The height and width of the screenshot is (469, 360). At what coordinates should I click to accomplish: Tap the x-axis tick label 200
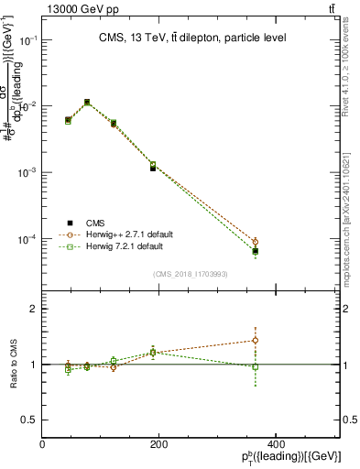tap(159, 444)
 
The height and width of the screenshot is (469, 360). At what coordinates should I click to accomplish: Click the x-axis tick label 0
tap(43, 444)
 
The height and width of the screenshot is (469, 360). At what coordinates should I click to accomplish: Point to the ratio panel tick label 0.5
tap(29, 420)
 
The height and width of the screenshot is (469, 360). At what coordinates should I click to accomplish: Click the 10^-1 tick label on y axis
tap(27, 40)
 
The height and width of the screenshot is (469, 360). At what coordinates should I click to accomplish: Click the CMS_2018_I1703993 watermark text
tap(190, 274)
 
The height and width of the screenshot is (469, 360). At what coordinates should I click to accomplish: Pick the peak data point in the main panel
tap(87, 102)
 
